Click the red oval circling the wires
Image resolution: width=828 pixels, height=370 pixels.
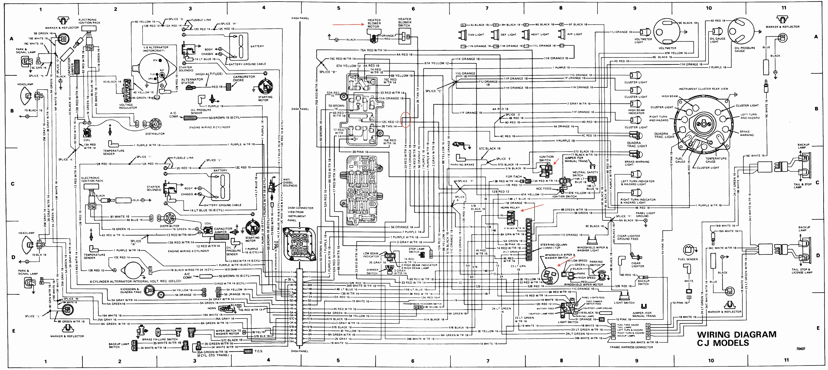[x=406, y=120]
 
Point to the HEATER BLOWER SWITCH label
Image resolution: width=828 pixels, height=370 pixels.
[x=404, y=22]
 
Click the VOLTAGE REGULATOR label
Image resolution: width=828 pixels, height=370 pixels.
[x=128, y=106]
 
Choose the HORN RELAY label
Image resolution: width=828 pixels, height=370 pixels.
[x=510, y=208]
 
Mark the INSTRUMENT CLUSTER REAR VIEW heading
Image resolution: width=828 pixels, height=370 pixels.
[x=703, y=89]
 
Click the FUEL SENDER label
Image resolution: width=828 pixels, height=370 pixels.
[x=688, y=259]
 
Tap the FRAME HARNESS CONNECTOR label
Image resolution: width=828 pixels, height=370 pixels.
[x=631, y=347]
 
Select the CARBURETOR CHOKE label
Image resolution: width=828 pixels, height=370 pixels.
[x=244, y=78]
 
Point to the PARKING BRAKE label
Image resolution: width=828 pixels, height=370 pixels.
[x=462, y=165]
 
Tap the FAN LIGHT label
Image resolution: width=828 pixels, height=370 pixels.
[x=476, y=35]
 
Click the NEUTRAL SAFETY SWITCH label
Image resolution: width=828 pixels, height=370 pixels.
[x=585, y=174]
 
